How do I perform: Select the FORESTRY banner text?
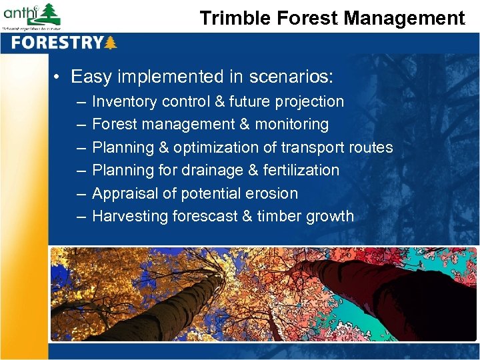pyautogui.click(x=57, y=43)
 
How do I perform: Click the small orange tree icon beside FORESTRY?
pyautogui.click(x=111, y=43)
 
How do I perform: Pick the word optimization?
pyautogui.click(x=222, y=147)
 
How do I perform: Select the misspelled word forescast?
pyautogui.click(x=207, y=216)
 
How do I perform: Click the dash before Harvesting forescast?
pyautogui.click(x=80, y=216)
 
